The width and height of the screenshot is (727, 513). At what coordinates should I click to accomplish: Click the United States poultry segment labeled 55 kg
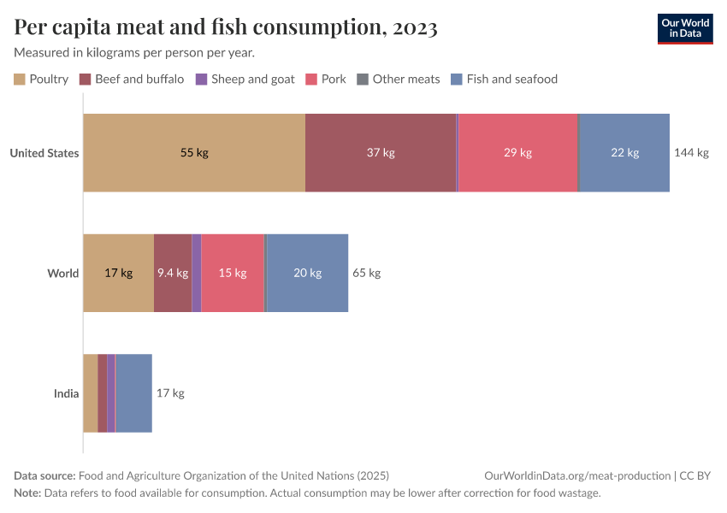(194, 153)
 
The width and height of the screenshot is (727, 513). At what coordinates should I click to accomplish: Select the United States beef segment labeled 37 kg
(381, 153)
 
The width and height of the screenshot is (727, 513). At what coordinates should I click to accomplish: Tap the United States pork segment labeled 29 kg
(517, 153)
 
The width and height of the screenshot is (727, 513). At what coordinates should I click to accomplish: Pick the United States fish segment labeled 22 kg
(624, 153)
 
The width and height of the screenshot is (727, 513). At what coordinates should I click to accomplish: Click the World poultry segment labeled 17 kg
(118, 273)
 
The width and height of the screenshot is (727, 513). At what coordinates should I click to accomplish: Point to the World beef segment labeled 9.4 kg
(173, 273)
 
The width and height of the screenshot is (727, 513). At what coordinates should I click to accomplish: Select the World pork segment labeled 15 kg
(233, 273)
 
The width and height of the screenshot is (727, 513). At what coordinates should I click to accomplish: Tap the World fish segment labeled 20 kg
(307, 273)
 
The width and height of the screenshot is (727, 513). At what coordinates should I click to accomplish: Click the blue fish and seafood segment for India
(133, 393)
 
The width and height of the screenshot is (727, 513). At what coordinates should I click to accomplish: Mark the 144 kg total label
(691, 153)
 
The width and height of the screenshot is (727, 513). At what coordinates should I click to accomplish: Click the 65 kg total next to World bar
(366, 273)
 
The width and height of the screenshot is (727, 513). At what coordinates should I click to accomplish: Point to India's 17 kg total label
(170, 393)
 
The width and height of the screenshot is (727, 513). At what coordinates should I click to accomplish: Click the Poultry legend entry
(41, 80)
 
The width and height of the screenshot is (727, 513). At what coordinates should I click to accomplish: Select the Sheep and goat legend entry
(245, 80)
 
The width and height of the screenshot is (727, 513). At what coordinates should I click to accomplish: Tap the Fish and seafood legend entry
(504, 80)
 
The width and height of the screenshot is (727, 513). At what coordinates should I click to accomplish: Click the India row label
(66, 393)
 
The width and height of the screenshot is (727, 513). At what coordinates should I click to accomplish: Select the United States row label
(44, 153)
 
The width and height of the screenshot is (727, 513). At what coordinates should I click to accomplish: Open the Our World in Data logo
(684, 28)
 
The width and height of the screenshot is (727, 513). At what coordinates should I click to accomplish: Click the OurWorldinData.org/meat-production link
(576, 476)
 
